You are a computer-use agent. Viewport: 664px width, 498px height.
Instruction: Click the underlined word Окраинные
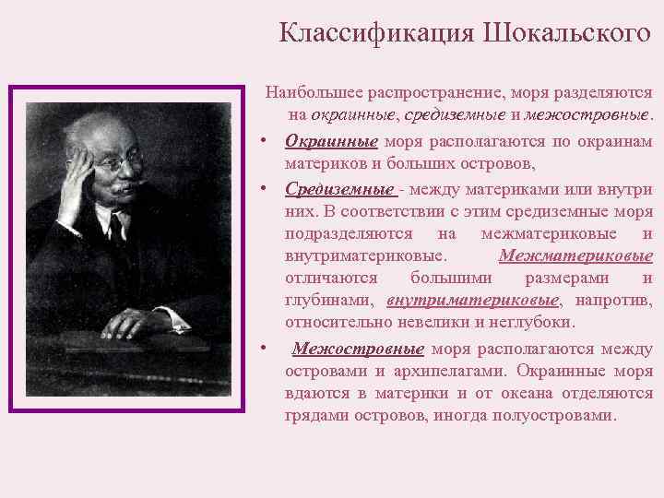pos(331,141)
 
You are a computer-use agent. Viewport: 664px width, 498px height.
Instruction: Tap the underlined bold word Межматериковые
pos(575,255)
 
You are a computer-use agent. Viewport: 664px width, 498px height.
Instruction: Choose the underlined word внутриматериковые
pos(473,301)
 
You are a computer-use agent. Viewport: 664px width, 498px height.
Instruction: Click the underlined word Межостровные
pos(358,349)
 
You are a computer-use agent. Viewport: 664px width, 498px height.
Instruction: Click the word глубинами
pos(328,301)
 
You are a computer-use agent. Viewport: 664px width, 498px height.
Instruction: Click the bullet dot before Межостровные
pos(264,349)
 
